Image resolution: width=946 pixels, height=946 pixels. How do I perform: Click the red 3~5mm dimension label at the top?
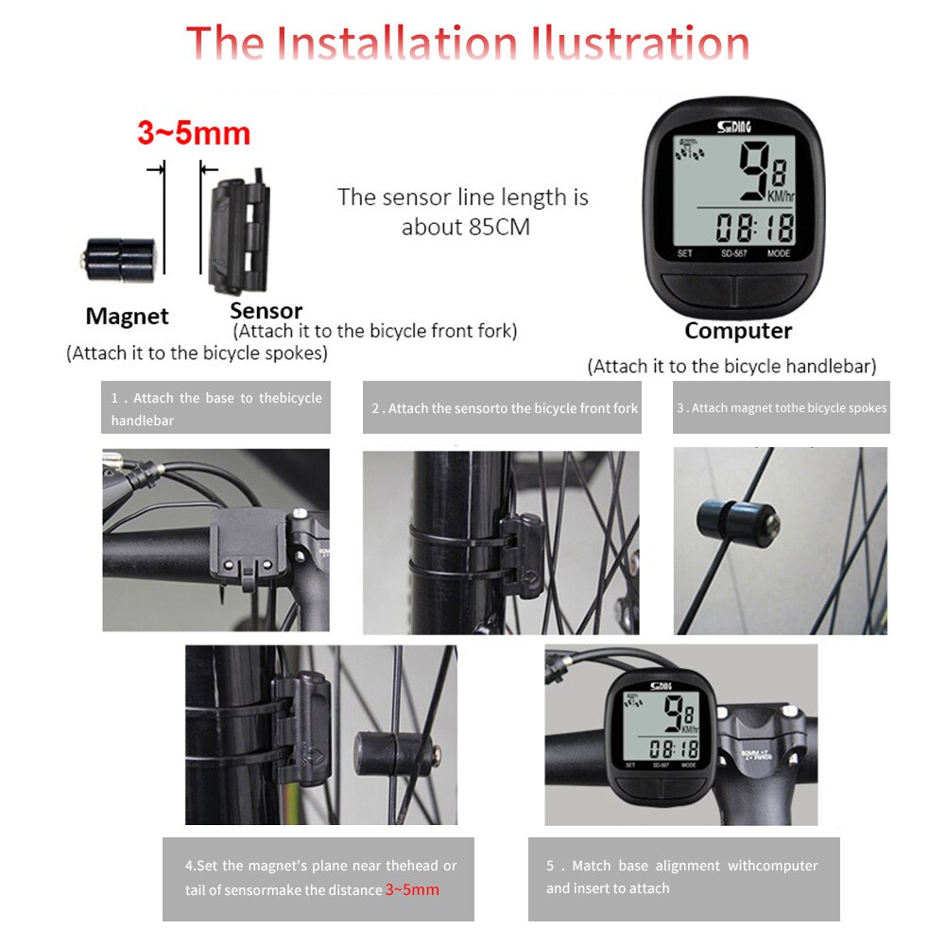(194, 133)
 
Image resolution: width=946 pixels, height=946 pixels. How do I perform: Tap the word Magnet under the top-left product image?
(127, 317)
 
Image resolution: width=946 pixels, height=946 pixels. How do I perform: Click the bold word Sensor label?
(266, 311)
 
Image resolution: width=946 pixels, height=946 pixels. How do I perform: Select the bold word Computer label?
(738, 331)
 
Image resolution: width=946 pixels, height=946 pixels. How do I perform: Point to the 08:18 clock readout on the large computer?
(754, 228)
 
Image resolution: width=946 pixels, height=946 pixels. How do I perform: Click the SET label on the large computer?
(684, 253)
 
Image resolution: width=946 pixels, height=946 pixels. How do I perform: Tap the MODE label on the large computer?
(779, 253)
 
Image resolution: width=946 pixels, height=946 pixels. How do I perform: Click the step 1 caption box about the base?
(215, 408)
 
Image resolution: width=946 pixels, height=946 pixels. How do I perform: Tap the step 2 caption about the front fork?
(503, 408)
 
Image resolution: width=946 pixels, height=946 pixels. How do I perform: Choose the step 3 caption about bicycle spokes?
(781, 408)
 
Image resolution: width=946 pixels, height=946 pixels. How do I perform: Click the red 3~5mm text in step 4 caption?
(412, 890)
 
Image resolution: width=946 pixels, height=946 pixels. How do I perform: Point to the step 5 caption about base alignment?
(682, 877)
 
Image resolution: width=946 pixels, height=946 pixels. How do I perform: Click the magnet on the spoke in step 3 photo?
(737, 519)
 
